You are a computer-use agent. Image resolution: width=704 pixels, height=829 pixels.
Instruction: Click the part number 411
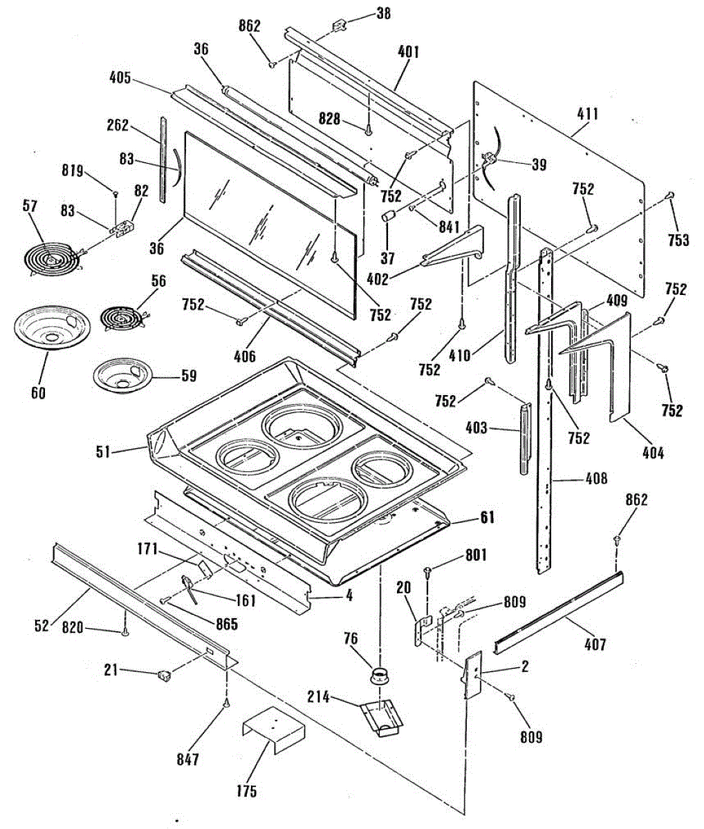[x=588, y=114]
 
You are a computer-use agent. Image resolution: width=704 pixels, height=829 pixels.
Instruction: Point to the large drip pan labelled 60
[x=52, y=327]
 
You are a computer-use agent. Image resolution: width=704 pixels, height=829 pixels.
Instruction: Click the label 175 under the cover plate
[x=246, y=791]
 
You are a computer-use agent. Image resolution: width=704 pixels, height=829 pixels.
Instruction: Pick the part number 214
[x=319, y=696]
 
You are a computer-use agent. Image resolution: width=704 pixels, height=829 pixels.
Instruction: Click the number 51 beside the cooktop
[x=103, y=452]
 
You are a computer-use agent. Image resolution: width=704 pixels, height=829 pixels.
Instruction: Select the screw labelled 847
[x=227, y=701]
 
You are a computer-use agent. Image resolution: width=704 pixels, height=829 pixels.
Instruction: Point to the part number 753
[x=678, y=240]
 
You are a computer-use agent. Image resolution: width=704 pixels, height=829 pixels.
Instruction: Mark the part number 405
[x=120, y=78]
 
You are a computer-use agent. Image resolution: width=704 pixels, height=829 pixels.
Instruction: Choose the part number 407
[x=595, y=644]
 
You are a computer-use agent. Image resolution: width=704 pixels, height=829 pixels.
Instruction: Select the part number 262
[x=118, y=126]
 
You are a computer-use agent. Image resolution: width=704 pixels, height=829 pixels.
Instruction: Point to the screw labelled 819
[x=115, y=194]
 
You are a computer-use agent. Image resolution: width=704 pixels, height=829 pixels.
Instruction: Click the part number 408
[x=596, y=478]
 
